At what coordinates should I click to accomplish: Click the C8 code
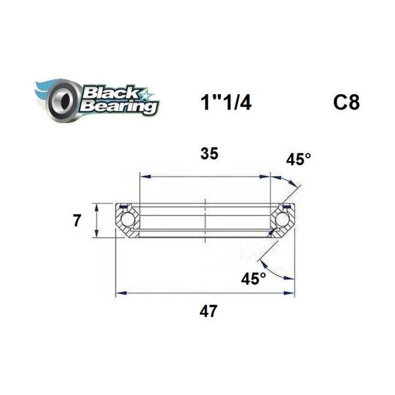(345, 103)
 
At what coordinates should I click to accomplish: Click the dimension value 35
(209, 154)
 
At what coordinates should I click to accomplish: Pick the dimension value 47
(209, 311)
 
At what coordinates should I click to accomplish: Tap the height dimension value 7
(77, 221)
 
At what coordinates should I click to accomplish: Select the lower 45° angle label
(253, 278)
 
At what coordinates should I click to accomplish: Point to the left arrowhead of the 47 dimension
(119, 293)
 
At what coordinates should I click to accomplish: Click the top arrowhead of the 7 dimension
(99, 206)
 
